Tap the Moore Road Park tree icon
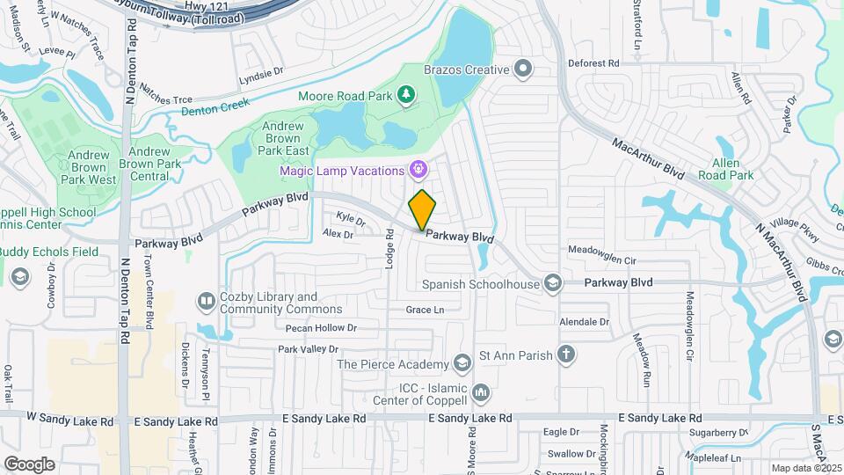pyautogui.click(x=405, y=94)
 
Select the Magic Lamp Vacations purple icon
pyautogui.click(x=418, y=168)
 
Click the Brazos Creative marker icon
pyautogui.click(x=524, y=69)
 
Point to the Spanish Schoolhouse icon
pyautogui.click(x=552, y=282)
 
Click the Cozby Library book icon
pyautogui.click(x=206, y=302)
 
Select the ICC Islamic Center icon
pyautogui.click(x=480, y=391)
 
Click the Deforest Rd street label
pyautogui.click(x=593, y=63)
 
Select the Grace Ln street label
pyautogui.click(x=425, y=310)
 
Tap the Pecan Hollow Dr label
pyautogui.click(x=321, y=327)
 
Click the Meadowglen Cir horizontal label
pyautogui.click(x=601, y=260)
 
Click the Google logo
pyautogui.click(x=29, y=464)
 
